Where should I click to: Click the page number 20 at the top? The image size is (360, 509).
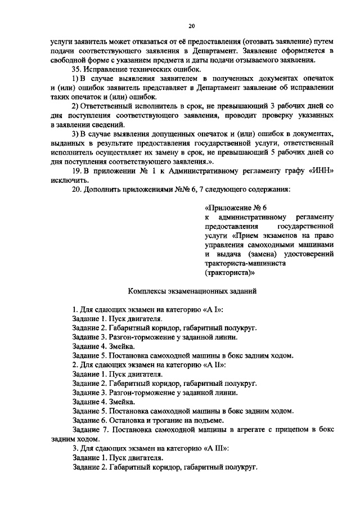click(x=191, y=26)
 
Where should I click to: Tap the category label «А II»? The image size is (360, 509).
click(x=214, y=364)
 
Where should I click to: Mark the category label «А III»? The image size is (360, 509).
click(x=215, y=448)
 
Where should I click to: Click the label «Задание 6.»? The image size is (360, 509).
click(x=92, y=419)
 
